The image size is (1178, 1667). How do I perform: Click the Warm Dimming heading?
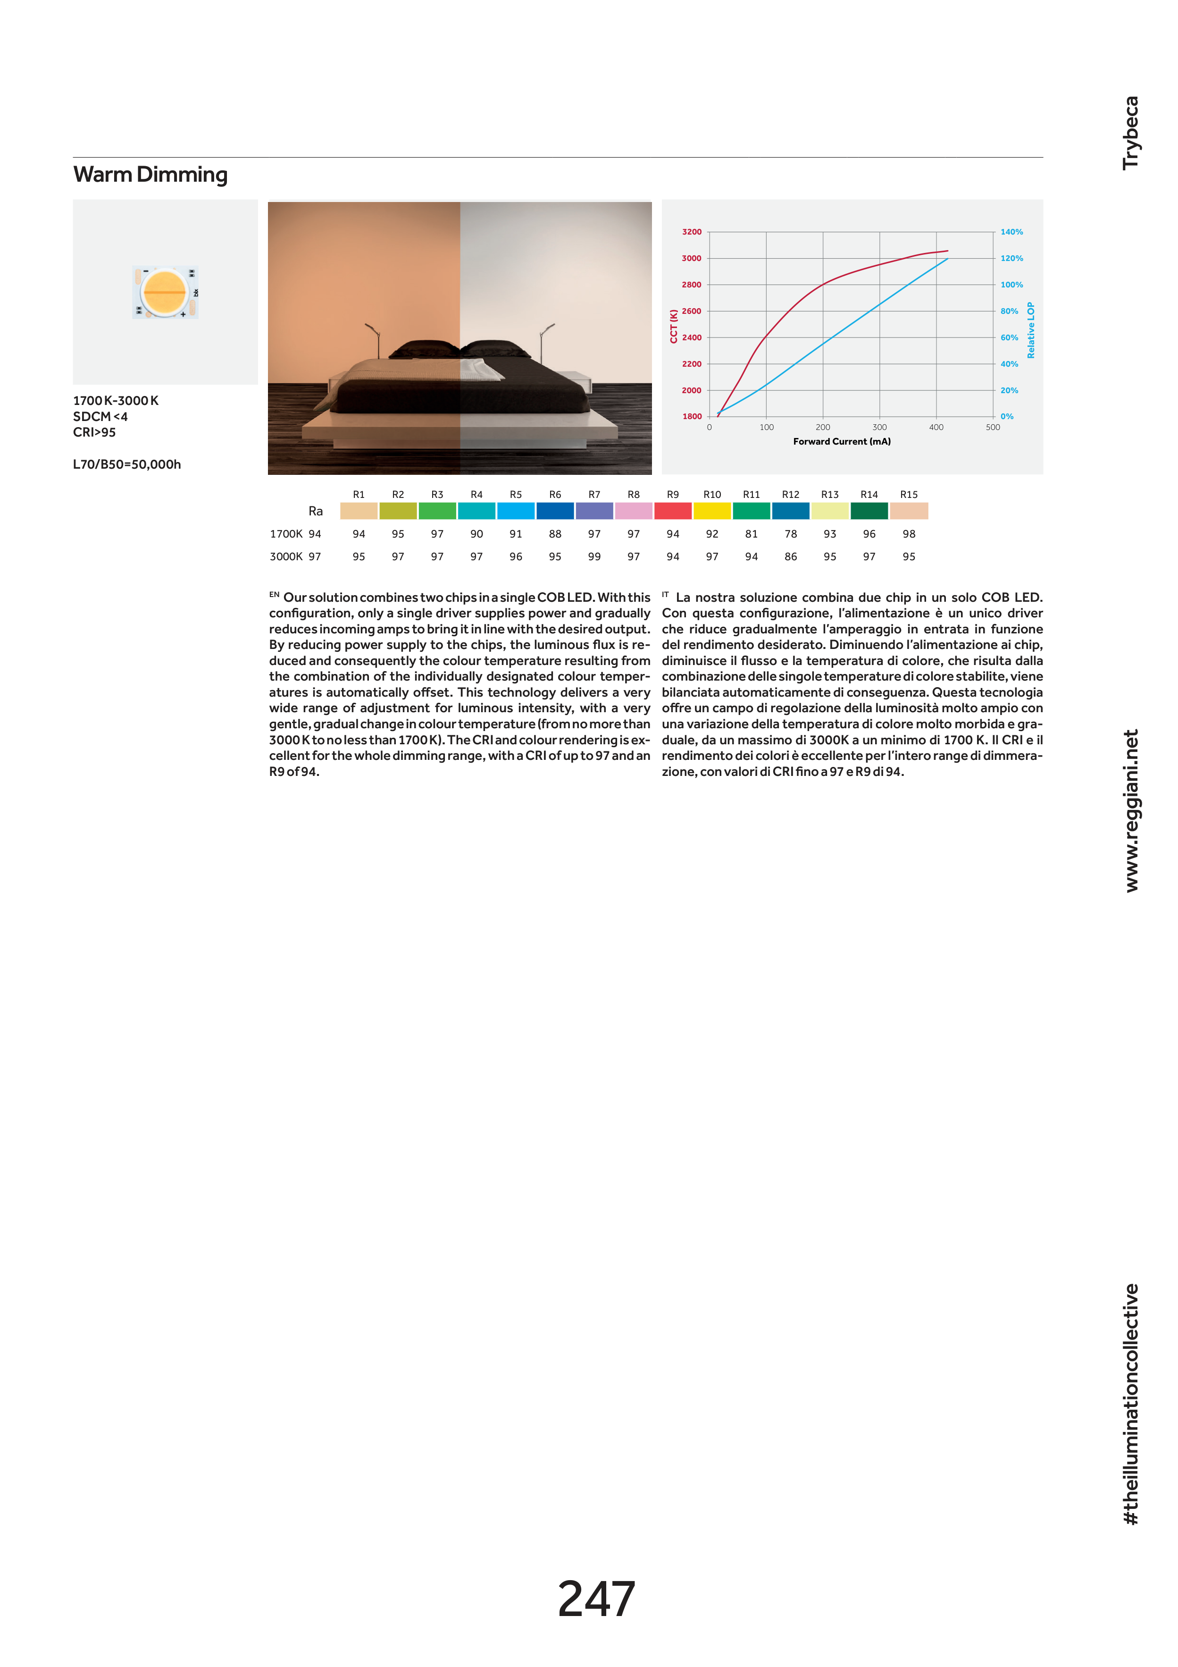(x=150, y=175)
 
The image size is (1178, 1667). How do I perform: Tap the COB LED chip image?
(x=166, y=292)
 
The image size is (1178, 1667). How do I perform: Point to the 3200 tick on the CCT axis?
(x=691, y=232)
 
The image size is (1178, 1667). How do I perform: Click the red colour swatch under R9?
(x=673, y=511)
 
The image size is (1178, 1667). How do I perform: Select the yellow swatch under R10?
(x=712, y=511)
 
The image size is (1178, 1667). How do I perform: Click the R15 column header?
(x=909, y=495)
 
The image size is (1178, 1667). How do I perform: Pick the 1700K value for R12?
(x=790, y=534)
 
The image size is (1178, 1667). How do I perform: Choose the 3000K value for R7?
(x=594, y=557)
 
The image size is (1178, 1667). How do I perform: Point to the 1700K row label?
(x=286, y=534)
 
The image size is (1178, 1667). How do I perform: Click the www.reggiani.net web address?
(x=1131, y=811)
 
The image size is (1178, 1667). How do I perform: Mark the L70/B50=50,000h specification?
(x=127, y=465)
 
